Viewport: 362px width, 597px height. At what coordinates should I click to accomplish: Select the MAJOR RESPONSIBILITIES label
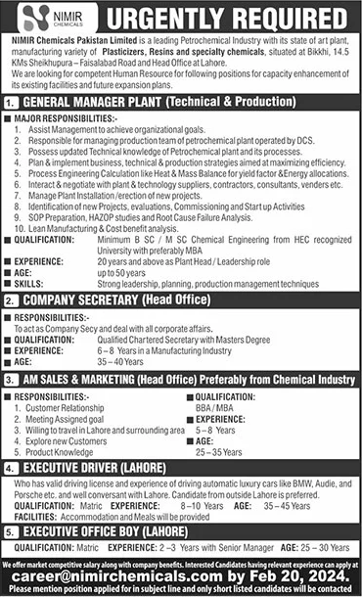point(68,117)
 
